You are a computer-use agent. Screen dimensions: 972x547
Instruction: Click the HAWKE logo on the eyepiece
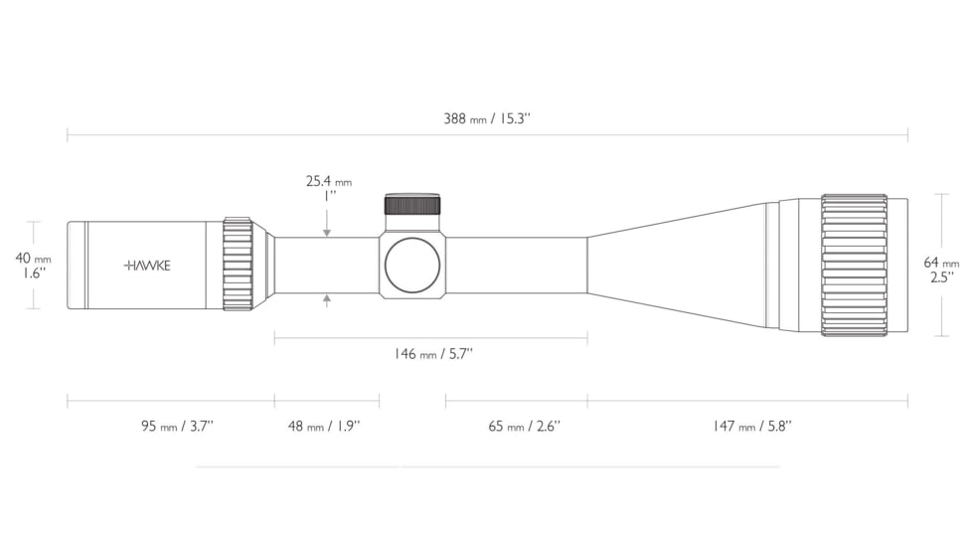tap(147, 266)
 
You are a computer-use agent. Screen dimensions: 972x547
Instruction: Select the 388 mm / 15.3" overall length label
tap(487, 118)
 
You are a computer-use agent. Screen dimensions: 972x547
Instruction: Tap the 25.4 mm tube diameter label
tap(329, 182)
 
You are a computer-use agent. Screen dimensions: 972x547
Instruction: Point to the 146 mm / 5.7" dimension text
tap(433, 354)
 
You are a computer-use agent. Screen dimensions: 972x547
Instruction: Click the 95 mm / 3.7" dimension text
tap(177, 426)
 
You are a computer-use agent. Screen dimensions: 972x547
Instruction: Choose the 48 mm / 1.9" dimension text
tap(324, 426)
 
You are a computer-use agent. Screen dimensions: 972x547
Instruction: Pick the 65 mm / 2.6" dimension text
tap(525, 426)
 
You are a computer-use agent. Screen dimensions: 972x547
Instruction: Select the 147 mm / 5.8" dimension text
tap(752, 426)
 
